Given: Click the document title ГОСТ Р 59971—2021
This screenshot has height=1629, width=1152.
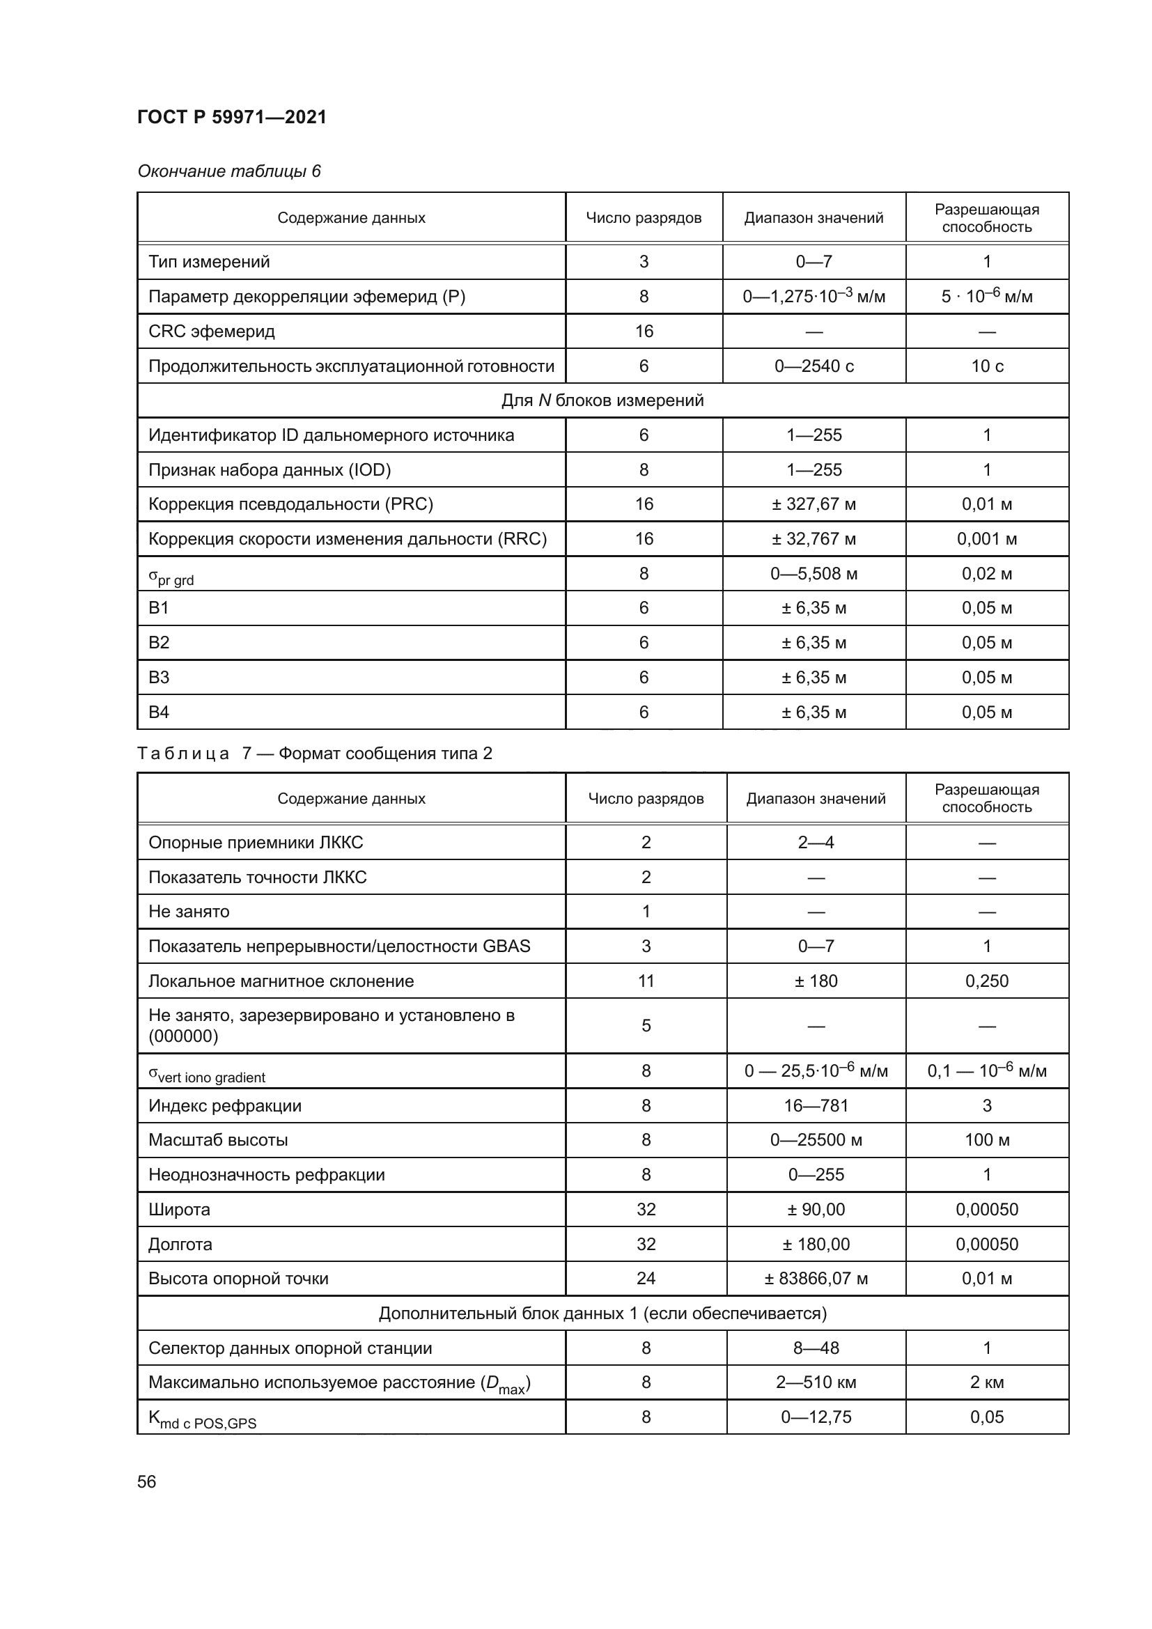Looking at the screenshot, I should pyautogui.click(x=232, y=117).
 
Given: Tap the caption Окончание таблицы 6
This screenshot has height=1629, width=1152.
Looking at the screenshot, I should pyautogui.click(x=228, y=171).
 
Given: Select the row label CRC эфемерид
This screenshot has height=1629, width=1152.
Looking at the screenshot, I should pyautogui.click(x=212, y=332).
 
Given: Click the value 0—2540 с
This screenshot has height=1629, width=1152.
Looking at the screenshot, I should pyautogui.click(x=814, y=366).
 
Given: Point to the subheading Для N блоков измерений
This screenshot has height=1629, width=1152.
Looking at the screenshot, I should pyautogui.click(x=602, y=400).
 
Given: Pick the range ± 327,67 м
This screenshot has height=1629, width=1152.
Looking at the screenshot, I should pyautogui.click(x=814, y=504).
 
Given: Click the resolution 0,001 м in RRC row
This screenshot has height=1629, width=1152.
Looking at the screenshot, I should pyautogui.click(x=986, y=538).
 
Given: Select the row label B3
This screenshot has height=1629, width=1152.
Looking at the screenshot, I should pyautogui.click(x=159, y=677).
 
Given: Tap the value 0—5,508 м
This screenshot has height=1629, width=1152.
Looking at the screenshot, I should pyautogui.click(x=814, y=573).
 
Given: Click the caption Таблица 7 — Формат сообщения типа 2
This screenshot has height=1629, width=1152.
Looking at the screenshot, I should pyautogui.click(x=314, y=753).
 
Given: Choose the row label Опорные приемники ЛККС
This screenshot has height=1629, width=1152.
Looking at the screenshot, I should pyautogui.click(x=256, y=842).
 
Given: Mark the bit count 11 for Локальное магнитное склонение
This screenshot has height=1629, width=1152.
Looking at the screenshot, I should pyautogui.click(x=646, y=981).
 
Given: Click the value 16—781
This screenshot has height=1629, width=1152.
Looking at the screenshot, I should pyautogui.click(x=816, y=1105).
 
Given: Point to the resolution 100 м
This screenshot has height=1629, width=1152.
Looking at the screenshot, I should pyautogui.click(x=986, y=1139).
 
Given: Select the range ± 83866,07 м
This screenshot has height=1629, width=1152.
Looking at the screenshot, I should pyautogui.click(x=816, y=1278).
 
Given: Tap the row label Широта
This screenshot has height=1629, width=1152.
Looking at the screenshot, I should pyautogui.click(x=180, y=1209).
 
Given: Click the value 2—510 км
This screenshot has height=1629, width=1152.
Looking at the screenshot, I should pyautogui.click(x=816, y=1382).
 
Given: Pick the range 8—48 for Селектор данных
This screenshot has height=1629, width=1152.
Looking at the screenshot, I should pyautogui.click(x=816, y=1348).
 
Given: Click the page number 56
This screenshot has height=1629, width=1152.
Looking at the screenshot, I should pyautogui.click(x=147, y=1481).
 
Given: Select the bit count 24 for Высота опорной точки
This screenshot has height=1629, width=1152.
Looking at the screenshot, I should pyautogui.click(x=646, y=1278).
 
